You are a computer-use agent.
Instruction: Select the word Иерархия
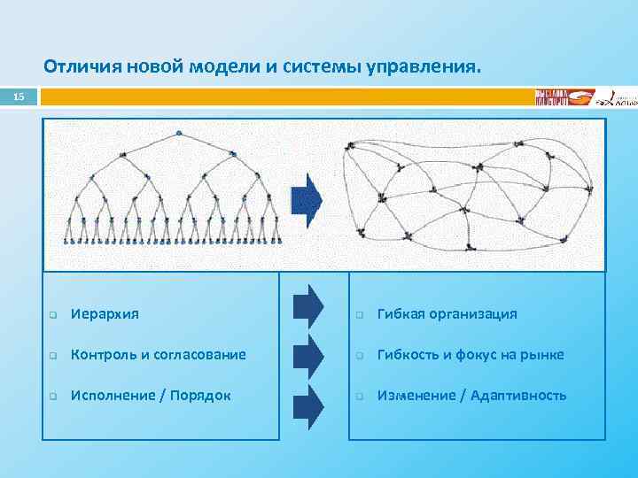click(x=105, y=314)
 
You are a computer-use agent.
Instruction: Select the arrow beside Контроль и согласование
click(x=308, y=354)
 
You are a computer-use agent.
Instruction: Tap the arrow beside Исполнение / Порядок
click(x=308, y=403)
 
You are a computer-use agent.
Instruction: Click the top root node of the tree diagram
click(x=179, y=133)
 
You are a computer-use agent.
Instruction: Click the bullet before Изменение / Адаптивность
click(x=361, y=397)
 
